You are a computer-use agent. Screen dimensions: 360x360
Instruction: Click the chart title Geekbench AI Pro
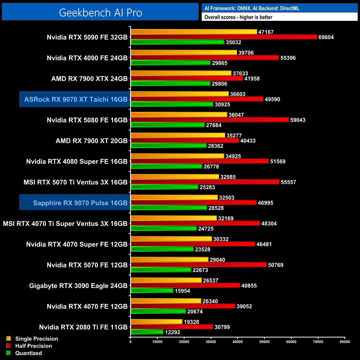coord(101,13)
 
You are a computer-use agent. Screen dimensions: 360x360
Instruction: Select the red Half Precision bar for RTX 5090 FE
coord(224,37)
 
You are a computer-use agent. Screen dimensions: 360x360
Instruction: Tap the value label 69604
coord(326,37)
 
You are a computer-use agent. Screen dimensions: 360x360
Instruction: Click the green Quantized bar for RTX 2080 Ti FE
coord(147,332)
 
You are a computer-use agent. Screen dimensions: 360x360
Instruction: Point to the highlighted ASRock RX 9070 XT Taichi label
coord(76,99)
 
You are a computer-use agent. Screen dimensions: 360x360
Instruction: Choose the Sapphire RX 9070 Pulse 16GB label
coord(80,203)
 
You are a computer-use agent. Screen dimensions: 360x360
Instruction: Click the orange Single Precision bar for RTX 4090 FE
coord(184,53)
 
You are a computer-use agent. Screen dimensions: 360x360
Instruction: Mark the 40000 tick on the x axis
coord(238,342)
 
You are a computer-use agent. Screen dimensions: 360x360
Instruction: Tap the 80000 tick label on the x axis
coord(345,342)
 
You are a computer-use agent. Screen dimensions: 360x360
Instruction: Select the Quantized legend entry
coord(28,353)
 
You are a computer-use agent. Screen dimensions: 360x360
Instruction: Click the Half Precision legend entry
coord(33,346)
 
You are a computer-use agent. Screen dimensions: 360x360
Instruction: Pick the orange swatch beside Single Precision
coord(9,338)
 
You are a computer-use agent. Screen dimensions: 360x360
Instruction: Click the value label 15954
coord(182,291)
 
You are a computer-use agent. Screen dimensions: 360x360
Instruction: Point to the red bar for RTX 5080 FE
coord(210,120)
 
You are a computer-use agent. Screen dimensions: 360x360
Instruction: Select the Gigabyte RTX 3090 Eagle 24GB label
coord(78,286)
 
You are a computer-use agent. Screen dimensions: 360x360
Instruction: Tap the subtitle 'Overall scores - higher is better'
coord(238,17)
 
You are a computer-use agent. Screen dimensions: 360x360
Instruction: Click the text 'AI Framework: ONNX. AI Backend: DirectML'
coord(252,8)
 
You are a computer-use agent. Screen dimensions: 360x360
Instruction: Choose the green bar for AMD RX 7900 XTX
coord(171,84)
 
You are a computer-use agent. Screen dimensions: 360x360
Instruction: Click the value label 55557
coord(288,182)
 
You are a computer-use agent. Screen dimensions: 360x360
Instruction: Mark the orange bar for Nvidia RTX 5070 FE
coord(169,259)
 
